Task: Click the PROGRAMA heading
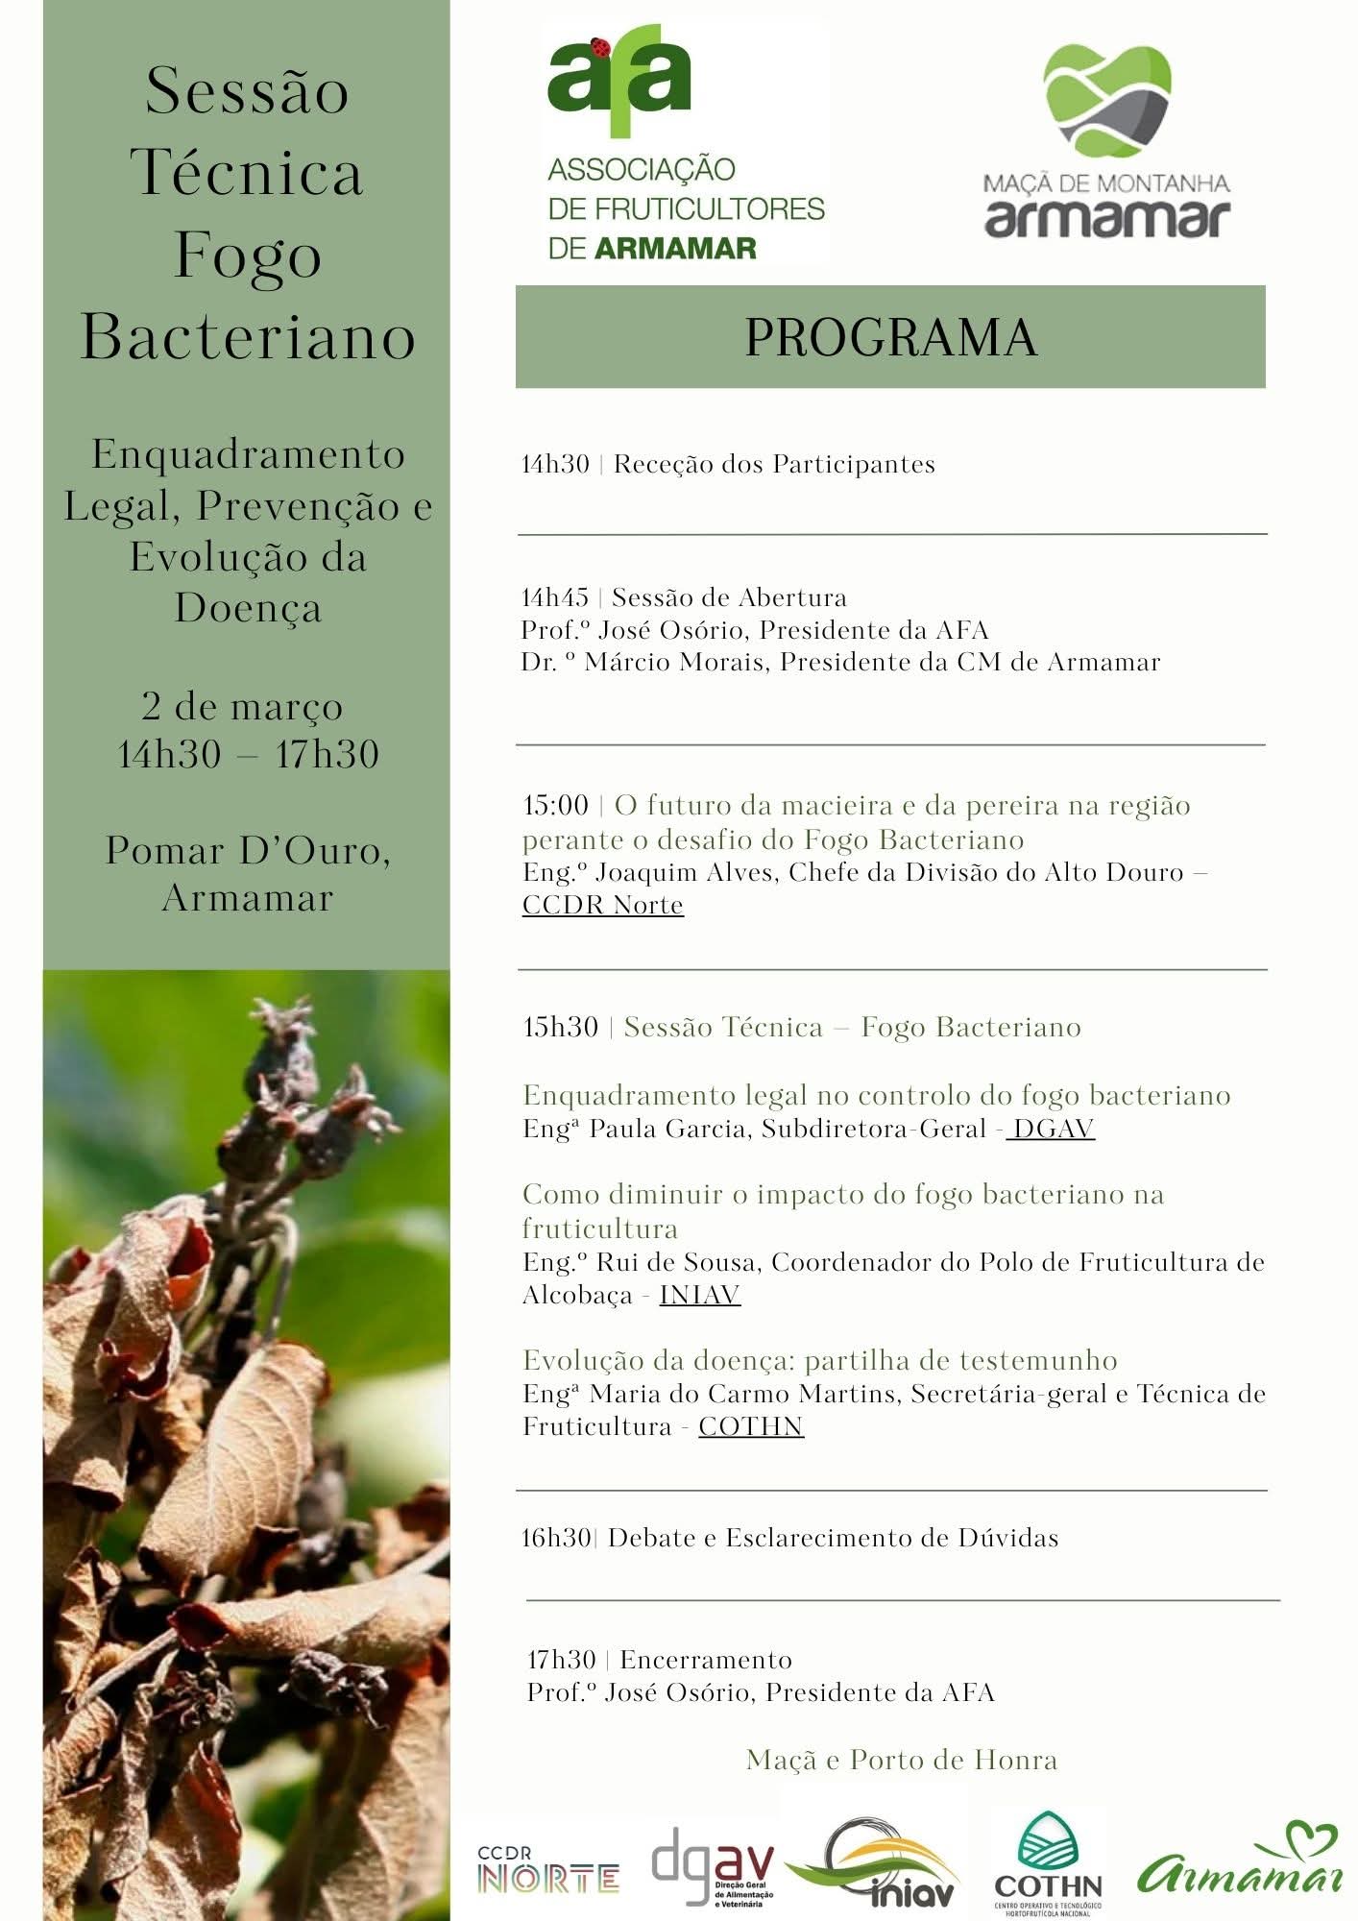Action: (890, 337)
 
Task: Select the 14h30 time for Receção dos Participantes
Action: (555, 465)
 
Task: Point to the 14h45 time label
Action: (555, 597)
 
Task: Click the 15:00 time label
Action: (555, 805)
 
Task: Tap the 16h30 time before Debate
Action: (556, 1538)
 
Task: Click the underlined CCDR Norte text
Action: (602, 905)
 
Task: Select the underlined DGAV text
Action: (1054, 1129)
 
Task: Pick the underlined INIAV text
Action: (699, 1295)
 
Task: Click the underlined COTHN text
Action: (751, 1426)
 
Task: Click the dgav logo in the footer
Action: (713, 1863)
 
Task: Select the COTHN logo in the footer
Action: (1047, 1863)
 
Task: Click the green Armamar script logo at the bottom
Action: (1241, 1863)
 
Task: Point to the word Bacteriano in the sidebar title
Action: (248, 337)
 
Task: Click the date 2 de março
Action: (242, 707)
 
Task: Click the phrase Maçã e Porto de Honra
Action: (902, 1760)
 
